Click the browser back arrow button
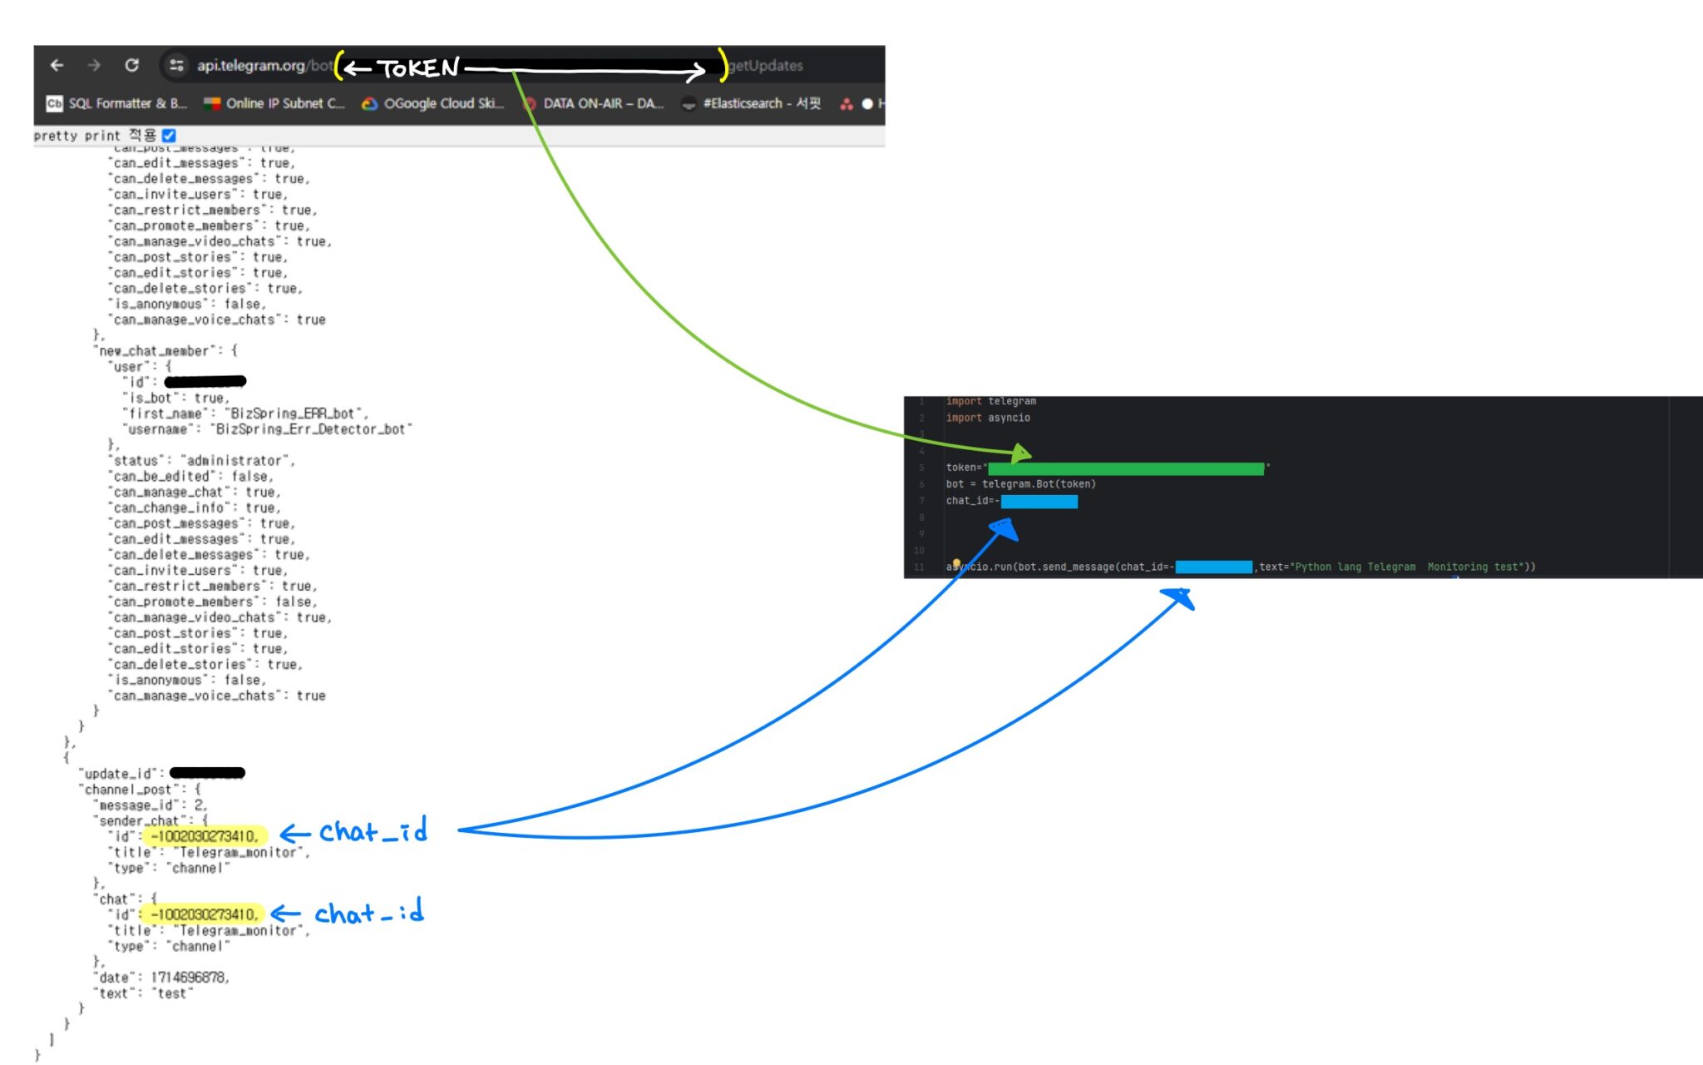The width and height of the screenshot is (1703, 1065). [57, 65]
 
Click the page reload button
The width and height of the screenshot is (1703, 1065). [131, 65]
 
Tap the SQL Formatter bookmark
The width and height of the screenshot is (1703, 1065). [117, 103]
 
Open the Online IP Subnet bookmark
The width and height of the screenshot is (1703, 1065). [274, 103]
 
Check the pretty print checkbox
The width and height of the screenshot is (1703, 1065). [169, 135]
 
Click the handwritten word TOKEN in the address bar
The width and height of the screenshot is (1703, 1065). [418, 68]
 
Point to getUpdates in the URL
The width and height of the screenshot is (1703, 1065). [766, 66]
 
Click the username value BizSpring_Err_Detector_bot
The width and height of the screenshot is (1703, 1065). [311, 429]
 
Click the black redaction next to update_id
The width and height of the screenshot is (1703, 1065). [207, 773]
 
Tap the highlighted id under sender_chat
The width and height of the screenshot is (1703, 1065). [205, 836]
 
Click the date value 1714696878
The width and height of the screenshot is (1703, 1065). [189, 977]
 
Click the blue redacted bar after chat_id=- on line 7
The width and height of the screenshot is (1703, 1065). [1039, 501]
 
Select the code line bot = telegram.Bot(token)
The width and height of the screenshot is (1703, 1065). [1020, 484]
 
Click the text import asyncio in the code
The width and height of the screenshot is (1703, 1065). [988, 418]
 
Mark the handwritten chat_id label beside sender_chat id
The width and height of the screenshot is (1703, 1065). [373, 831]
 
